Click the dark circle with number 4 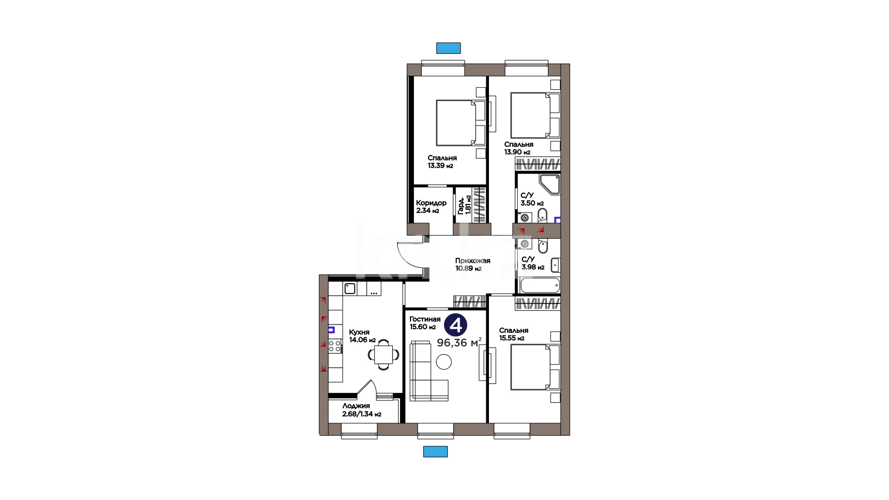(x=456, y=325)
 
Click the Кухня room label (x=359, y=332)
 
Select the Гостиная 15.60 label (x=425, y=323)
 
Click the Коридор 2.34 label (x=431, y=206)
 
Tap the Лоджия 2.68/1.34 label (x=362, y=410)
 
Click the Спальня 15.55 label (x=513, y=334)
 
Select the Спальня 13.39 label (x=442, y=162)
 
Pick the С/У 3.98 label (x=533, y=263)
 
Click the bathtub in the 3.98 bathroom (x=540, y=285)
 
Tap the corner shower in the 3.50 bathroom (x=550, y=185)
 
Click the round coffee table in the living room (x=444, y=362)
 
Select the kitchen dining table (x=383, y=355)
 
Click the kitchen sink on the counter (x=350, y=289)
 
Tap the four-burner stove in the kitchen (x=334, y=346)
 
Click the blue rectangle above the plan (x=448, y=48)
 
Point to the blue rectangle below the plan (x=435, y=451)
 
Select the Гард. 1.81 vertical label (x=464, y=205)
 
